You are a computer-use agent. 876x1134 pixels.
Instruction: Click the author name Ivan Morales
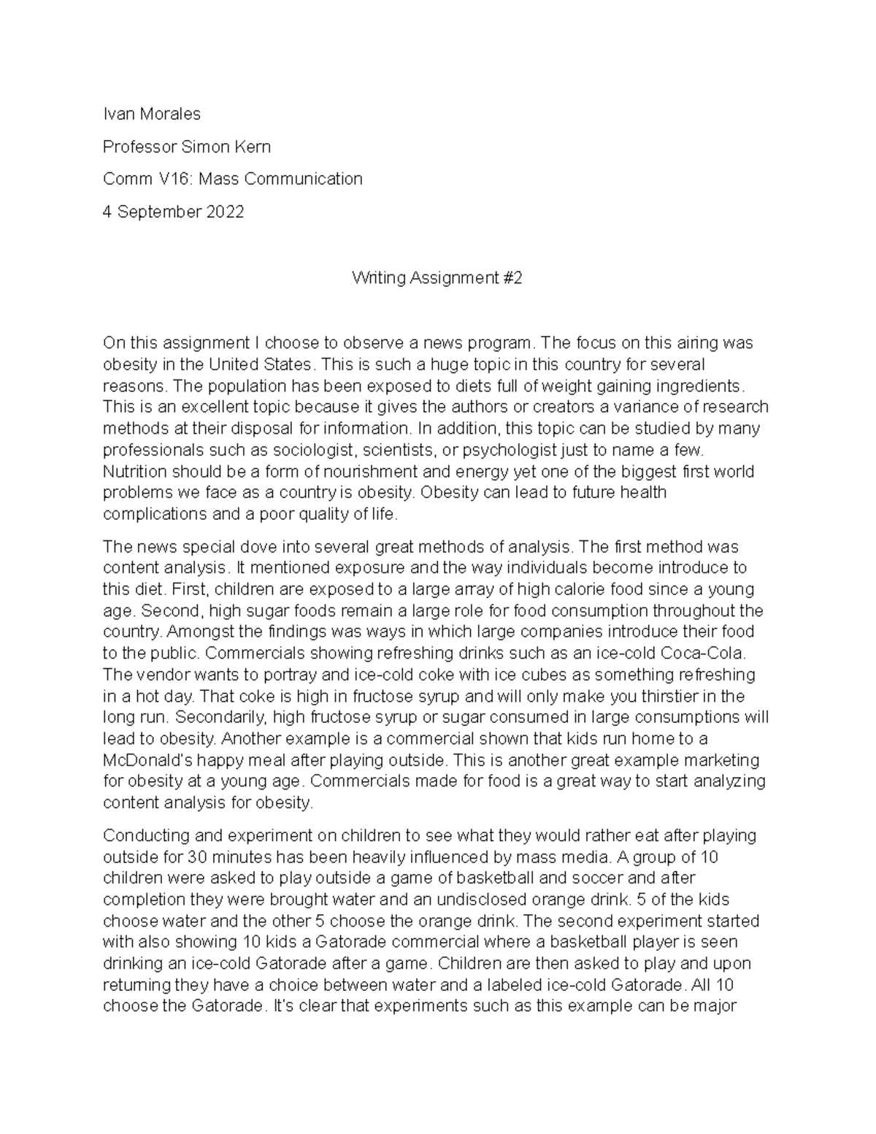tap(151, 114)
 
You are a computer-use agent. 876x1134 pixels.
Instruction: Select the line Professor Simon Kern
tap(186, 147)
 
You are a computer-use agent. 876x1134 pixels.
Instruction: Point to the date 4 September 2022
tap(173, 212)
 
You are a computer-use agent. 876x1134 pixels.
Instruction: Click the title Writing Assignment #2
tap(437, 277)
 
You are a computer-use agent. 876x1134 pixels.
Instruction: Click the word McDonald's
tap(148, 759)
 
